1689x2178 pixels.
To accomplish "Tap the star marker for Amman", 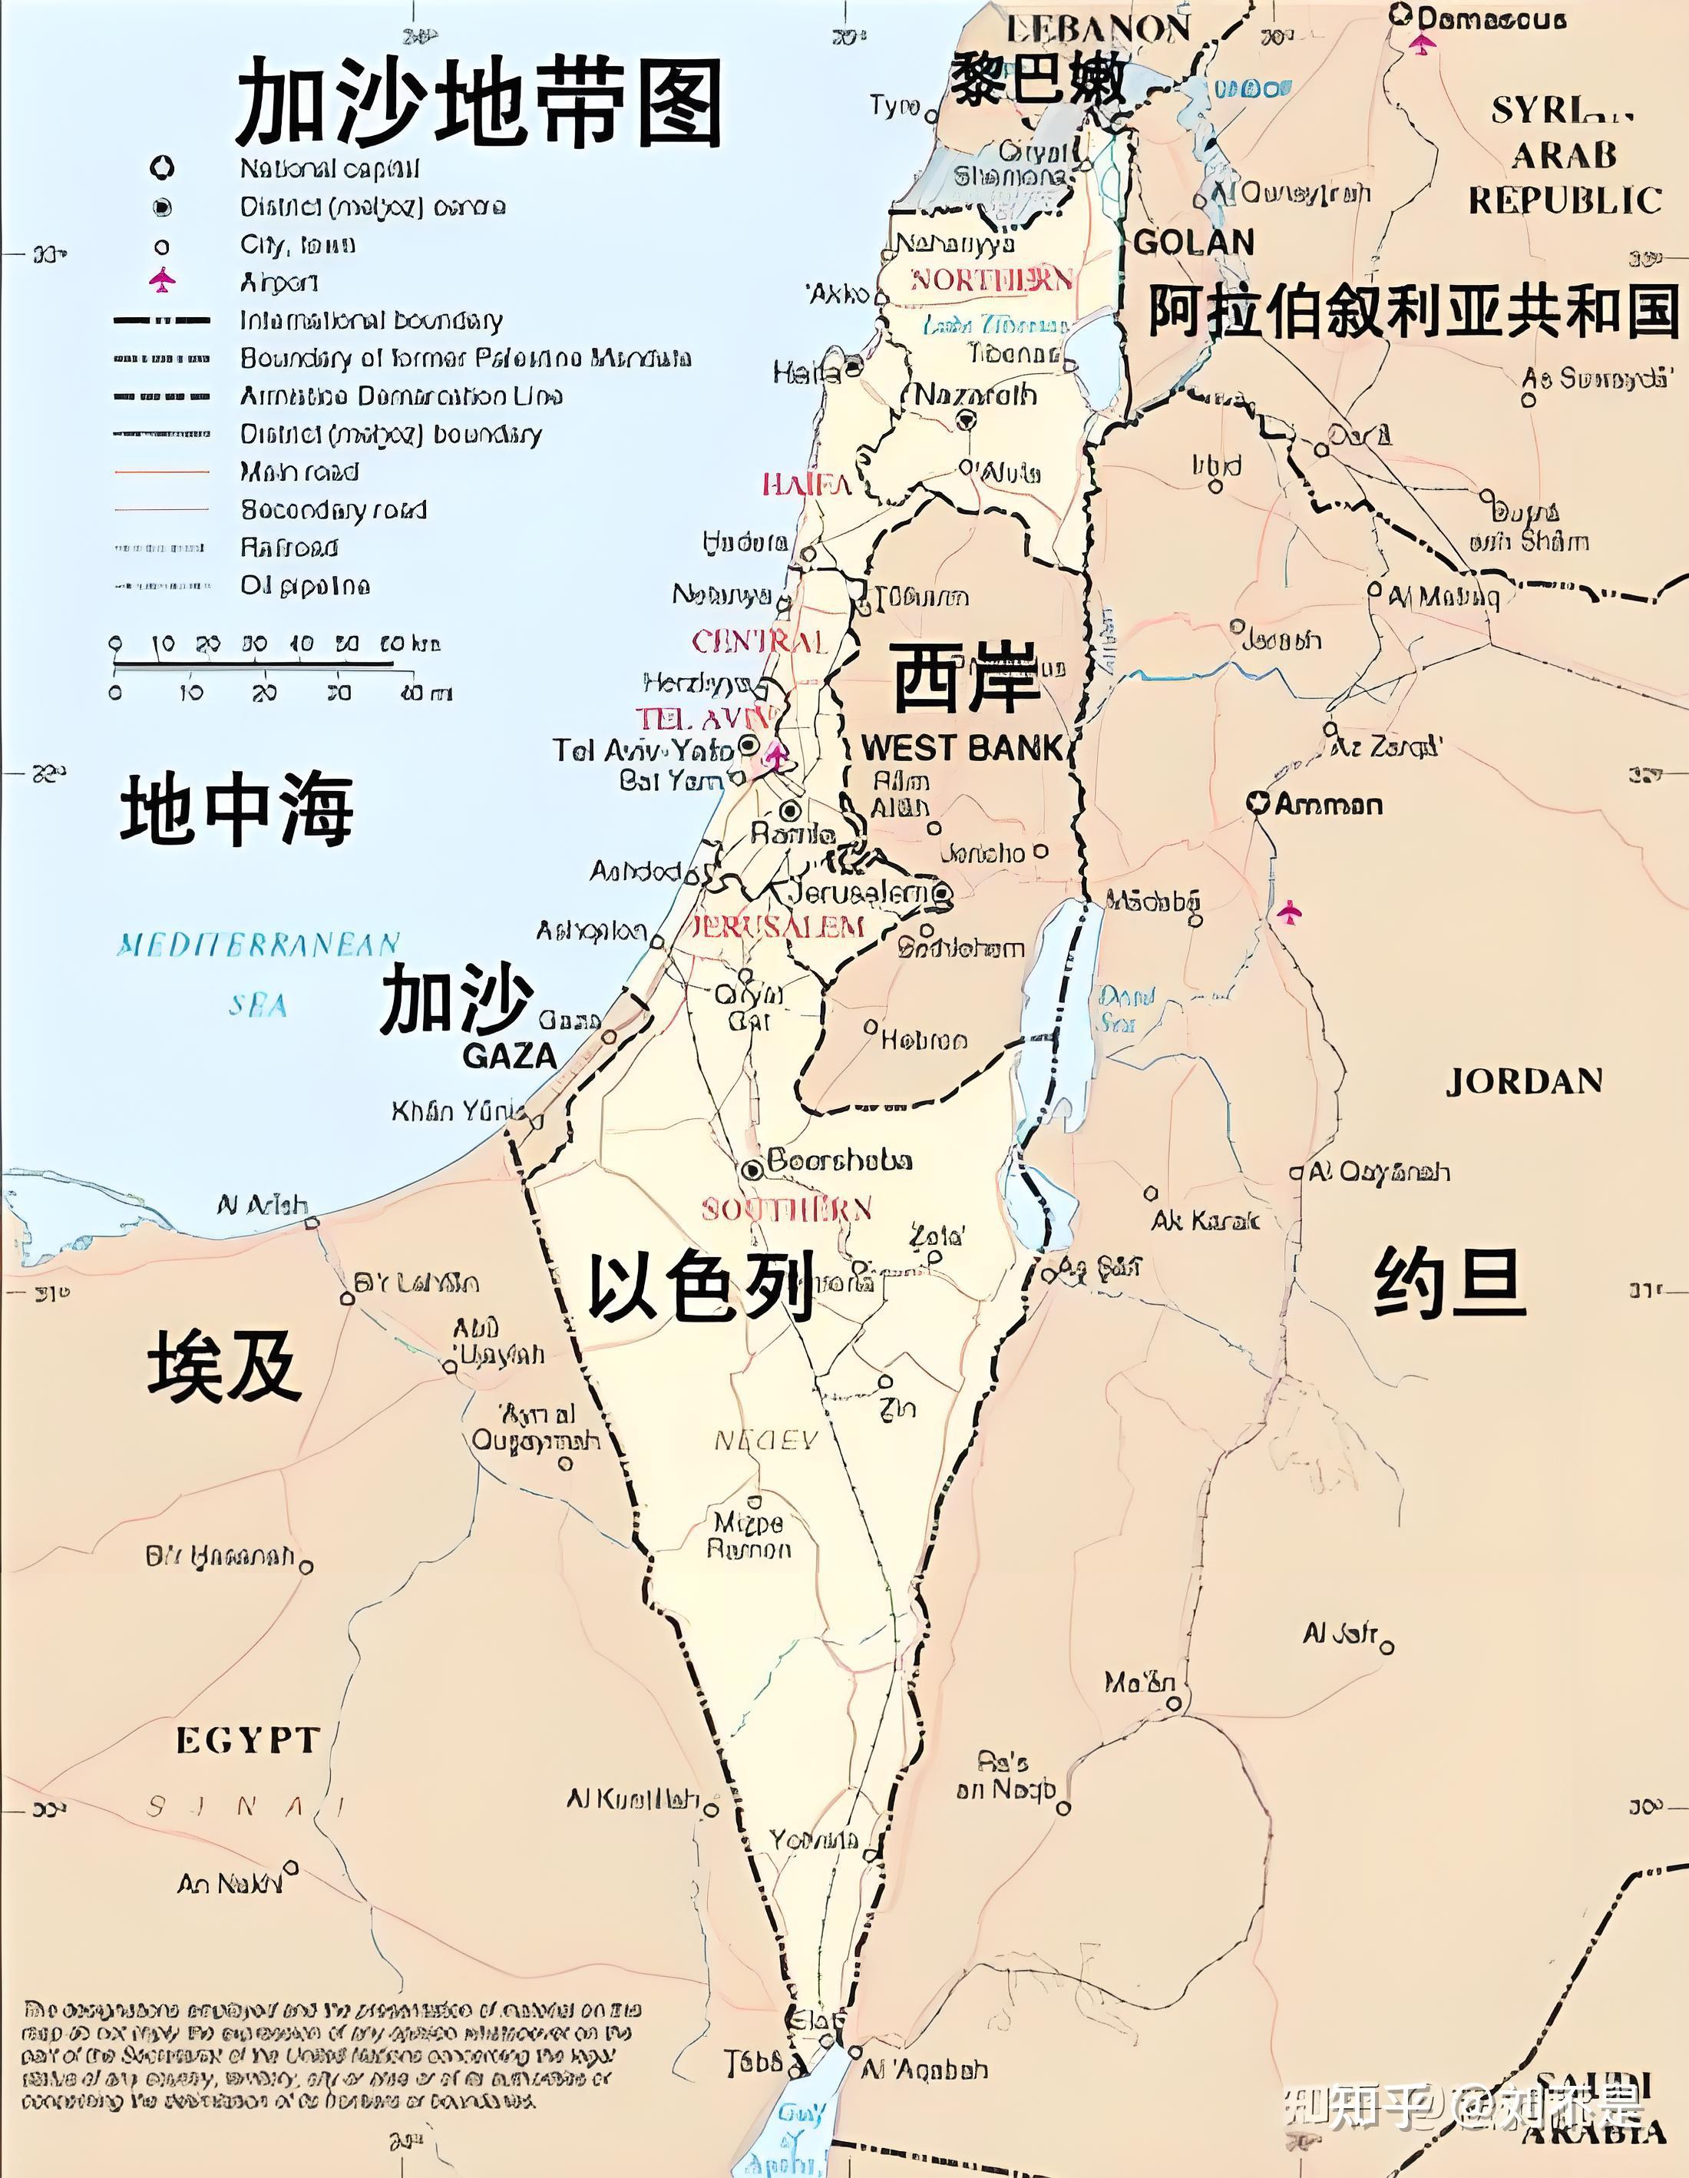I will tap(1259, 803).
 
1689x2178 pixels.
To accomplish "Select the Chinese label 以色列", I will tap(701, 1286).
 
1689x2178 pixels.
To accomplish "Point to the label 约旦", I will tap(1449, 1285).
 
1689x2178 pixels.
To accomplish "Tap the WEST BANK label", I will tap(962, 748).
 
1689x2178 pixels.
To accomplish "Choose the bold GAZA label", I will tap(508, 1056).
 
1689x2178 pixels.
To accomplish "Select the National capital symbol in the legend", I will tap(161, 167).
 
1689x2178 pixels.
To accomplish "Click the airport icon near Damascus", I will tap(1423, 44).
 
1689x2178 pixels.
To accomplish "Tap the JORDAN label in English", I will tap(1523, 1082).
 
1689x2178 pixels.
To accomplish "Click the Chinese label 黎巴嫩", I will tap(1037, 80).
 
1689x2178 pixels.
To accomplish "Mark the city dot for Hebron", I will tap(871, 1026).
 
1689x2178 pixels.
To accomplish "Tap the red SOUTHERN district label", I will tap(787, 1210).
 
